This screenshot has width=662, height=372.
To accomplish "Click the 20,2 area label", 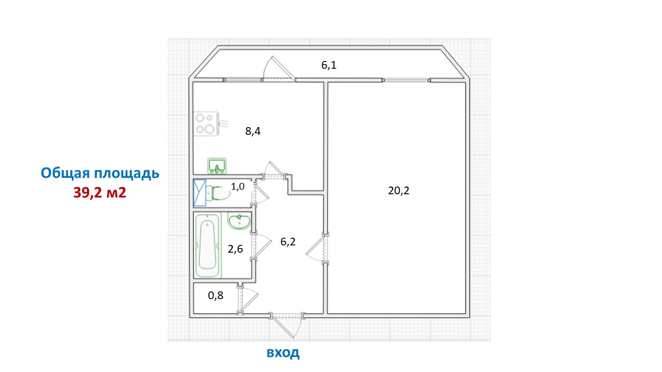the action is coord(399,191).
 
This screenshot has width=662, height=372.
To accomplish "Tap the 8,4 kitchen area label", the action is coord(253,131).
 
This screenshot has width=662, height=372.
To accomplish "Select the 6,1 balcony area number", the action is coord(328,65).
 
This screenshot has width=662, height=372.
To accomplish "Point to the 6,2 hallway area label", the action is coord(288,242).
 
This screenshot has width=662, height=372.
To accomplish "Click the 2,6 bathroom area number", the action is coord(235,249).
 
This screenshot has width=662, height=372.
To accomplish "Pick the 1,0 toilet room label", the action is coord(237,187).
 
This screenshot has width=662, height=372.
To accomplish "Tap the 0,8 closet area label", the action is coord(216,295).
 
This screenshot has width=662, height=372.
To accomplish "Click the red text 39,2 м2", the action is coord(100,193).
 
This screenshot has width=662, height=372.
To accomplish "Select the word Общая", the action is coord(65,173).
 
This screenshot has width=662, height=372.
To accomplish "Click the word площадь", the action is coord(127,174).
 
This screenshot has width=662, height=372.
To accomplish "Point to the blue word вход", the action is coord(283,352).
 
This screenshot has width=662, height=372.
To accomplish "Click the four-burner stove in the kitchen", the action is coord(206,123).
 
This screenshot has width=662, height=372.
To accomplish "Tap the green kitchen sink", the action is coord(217,166).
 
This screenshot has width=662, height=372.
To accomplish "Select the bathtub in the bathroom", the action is coord(207,245).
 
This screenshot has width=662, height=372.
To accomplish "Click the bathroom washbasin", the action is coord(239,221).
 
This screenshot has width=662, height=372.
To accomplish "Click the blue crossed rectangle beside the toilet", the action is coord(200,193).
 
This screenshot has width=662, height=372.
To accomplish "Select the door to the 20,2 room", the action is coord(316,249).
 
